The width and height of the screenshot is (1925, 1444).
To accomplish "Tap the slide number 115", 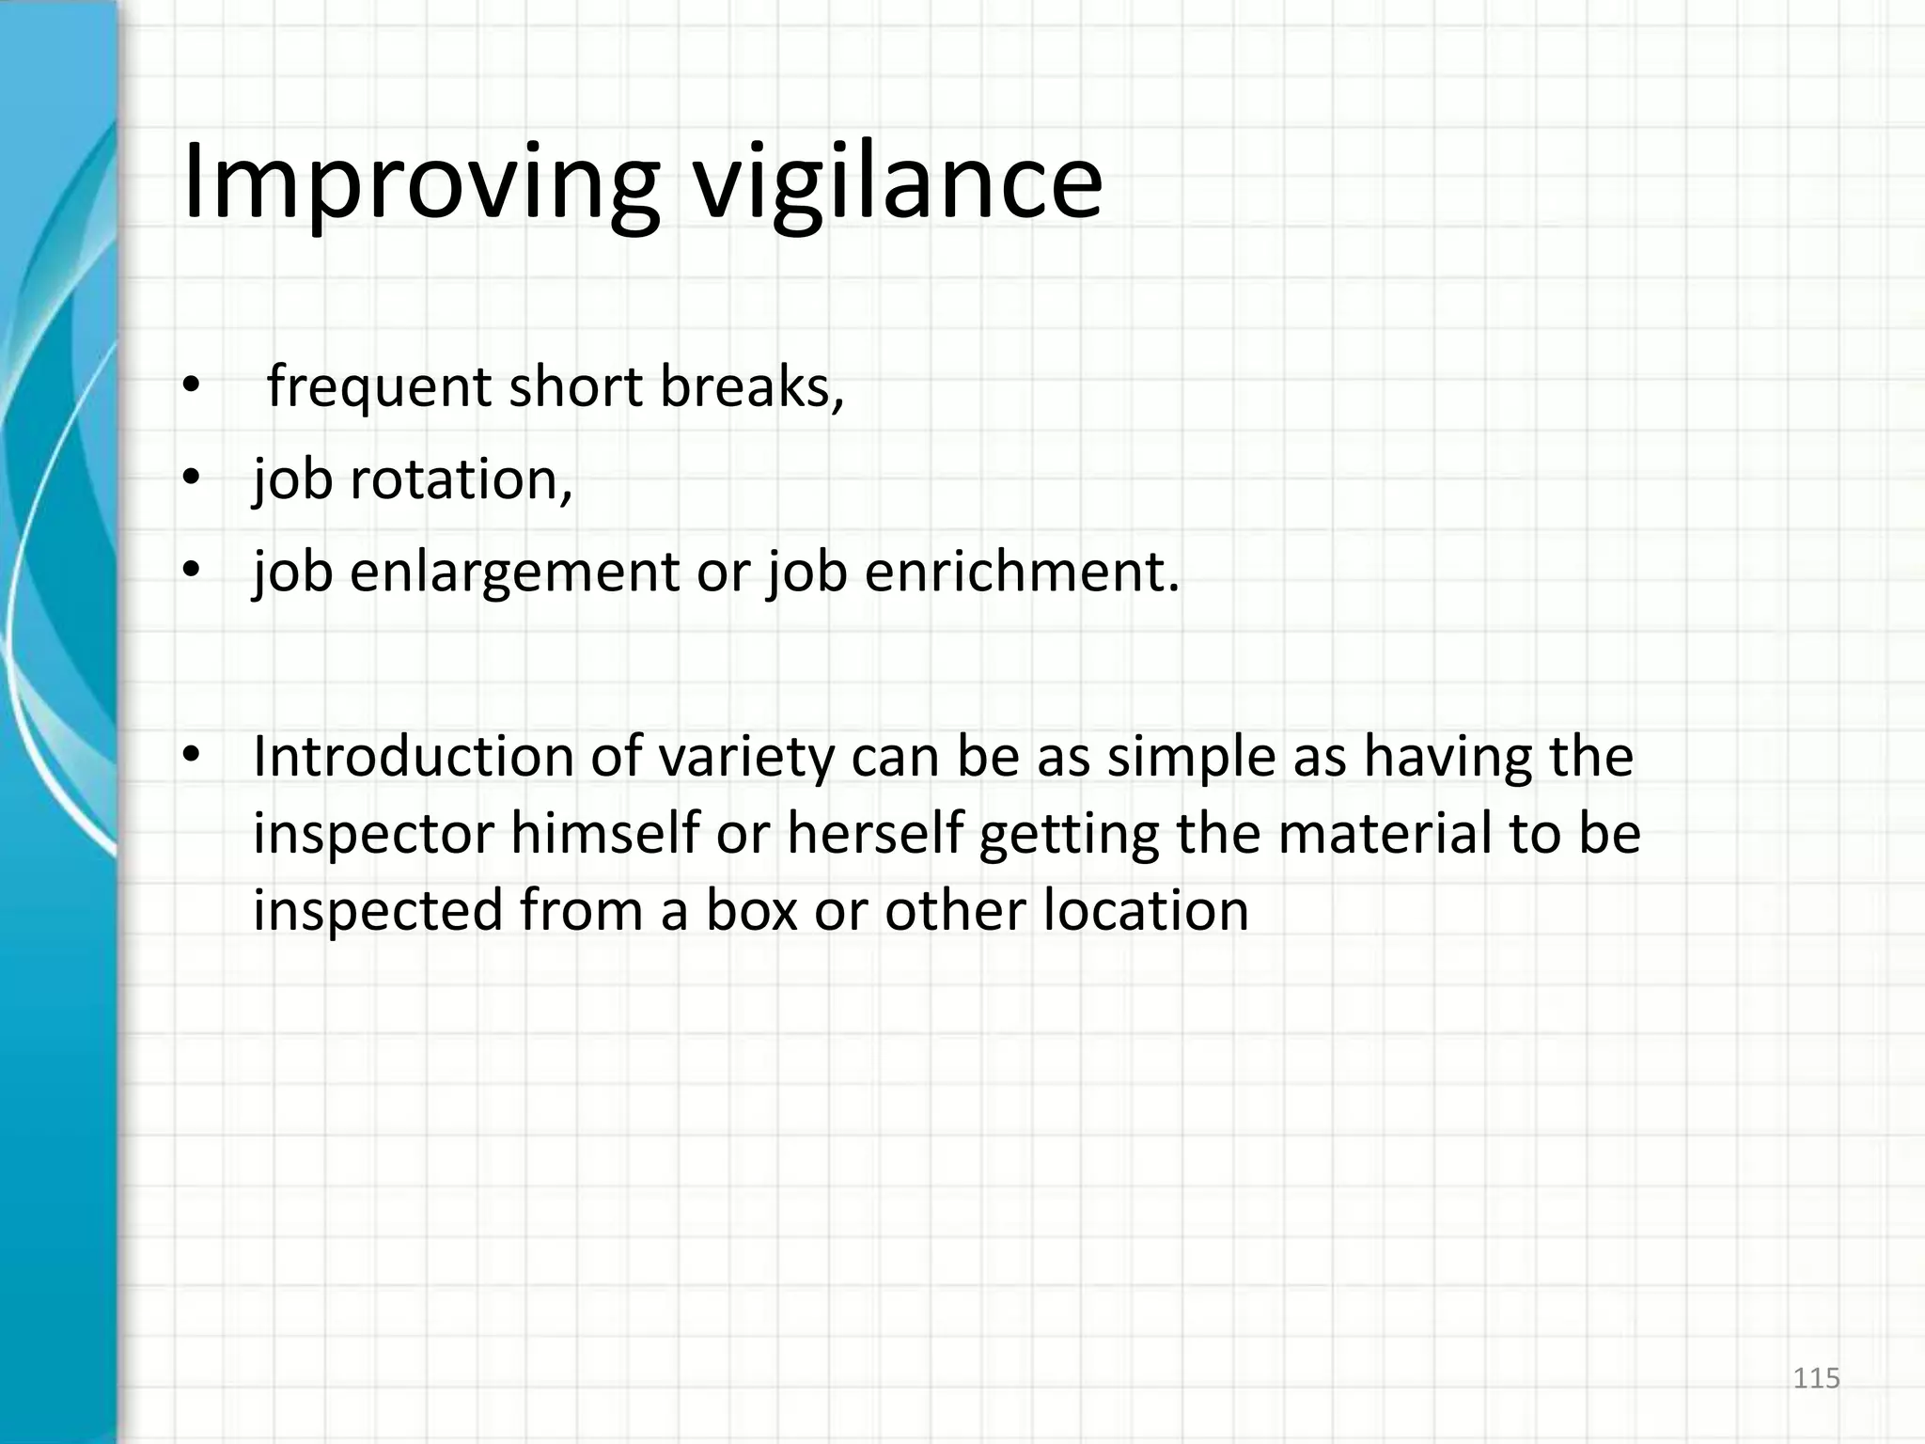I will click(x=1816, y=1378).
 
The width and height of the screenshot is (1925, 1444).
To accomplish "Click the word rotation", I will click(x=461, y=479).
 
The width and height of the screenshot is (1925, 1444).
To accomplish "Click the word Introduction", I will click(x=413, y=757).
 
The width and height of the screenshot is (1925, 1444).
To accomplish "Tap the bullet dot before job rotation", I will click(x=192, y=479).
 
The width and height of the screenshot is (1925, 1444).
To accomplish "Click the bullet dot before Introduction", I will click(x=192, y=757).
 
